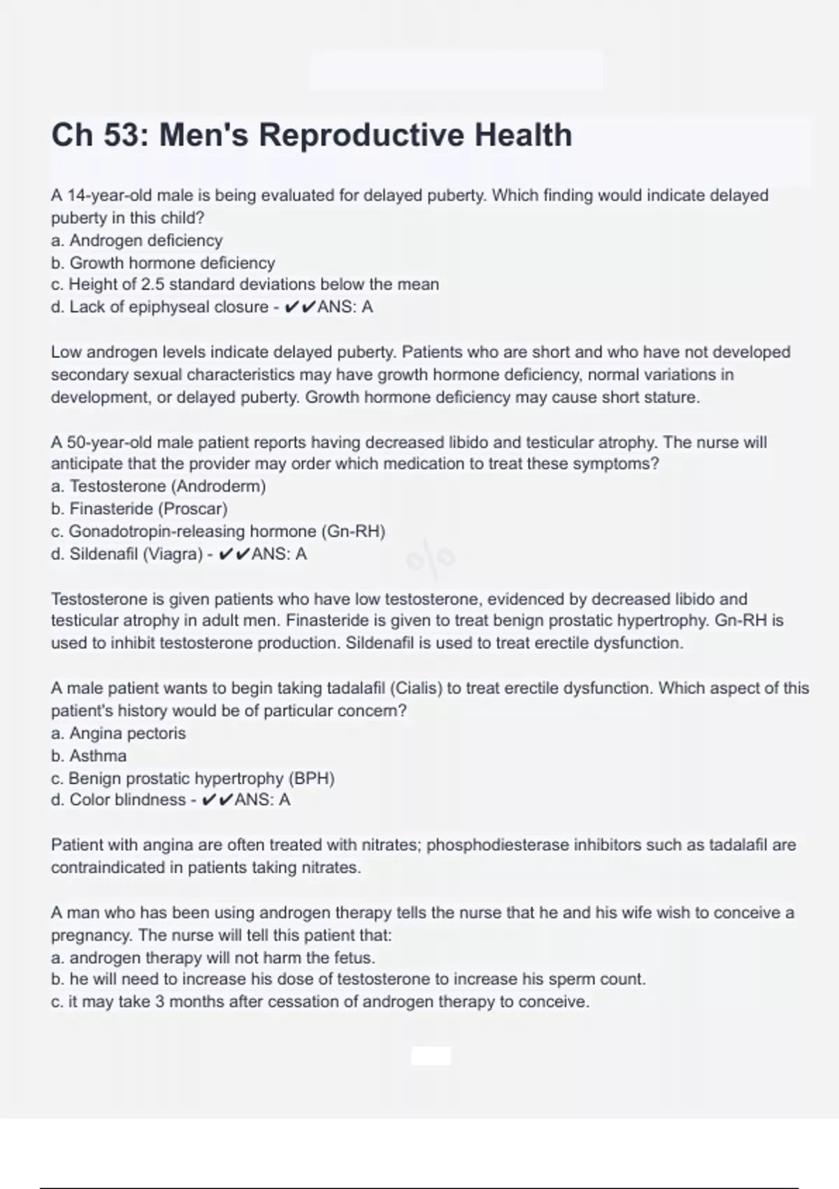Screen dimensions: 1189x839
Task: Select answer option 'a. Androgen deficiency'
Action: (137, 241)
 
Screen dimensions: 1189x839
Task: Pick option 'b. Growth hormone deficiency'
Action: (163, 263)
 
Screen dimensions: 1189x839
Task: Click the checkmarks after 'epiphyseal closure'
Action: (300, 307)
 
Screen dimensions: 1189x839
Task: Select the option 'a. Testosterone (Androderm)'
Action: (159, 486)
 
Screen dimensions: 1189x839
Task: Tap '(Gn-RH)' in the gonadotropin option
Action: (353, 532)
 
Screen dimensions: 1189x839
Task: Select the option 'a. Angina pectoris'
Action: (118, 734)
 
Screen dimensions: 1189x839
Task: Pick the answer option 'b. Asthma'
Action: (89, 756)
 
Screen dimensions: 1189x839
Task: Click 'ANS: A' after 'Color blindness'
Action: (262, 800)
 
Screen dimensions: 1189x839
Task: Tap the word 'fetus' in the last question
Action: (353, 957)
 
